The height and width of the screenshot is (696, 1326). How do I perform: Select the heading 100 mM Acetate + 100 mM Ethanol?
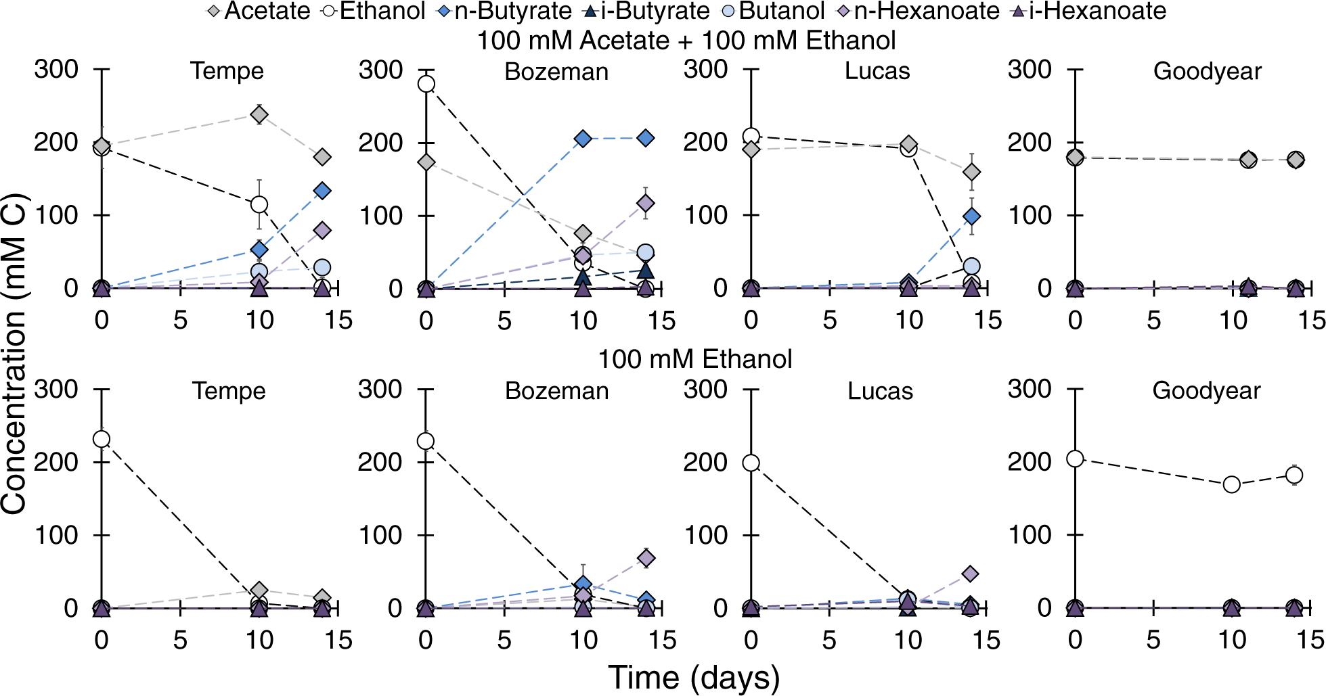click(686, 41)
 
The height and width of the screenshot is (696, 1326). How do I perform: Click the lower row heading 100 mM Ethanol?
click(694, 359)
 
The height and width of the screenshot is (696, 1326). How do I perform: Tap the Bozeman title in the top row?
click(556, 72)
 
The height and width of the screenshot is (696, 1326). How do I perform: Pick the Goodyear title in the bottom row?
click(1206, 391)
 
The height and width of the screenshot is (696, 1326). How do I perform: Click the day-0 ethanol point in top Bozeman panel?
click(426, 84)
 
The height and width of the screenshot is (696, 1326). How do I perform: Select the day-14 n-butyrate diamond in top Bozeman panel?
click(646, 138)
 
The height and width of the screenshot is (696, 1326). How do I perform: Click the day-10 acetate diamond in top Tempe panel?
click(259, 114)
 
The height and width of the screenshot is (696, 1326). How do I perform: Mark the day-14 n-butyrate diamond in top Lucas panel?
click(971, 216)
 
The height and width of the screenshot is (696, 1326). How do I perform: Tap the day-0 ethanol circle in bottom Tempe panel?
click(102, 439)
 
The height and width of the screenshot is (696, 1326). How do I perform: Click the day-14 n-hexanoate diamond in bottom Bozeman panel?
click(646, 558)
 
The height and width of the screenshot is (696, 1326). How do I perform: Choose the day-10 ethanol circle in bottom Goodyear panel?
click(1232, 484)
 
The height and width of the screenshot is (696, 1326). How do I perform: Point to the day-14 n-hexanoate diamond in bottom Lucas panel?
click(970, 574)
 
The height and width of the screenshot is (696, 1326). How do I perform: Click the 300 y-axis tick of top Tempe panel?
click(56, 69)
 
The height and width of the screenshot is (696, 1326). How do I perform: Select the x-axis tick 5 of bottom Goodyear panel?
click(1153, 640)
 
